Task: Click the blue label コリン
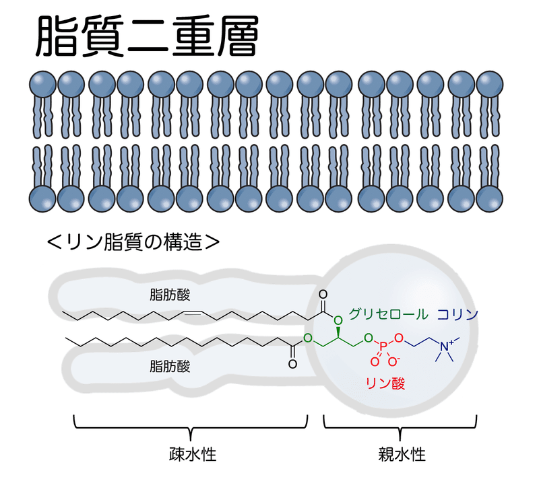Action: point(457,314)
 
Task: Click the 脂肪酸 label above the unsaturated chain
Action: point(170,295)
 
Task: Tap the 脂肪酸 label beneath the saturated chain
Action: point(170,367)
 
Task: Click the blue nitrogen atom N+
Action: point(445,345)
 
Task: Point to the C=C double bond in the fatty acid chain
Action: point(191,314)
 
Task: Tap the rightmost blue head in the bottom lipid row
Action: point(490,199)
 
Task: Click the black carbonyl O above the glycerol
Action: point(323,295)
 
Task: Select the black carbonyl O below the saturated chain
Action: point(292,363)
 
